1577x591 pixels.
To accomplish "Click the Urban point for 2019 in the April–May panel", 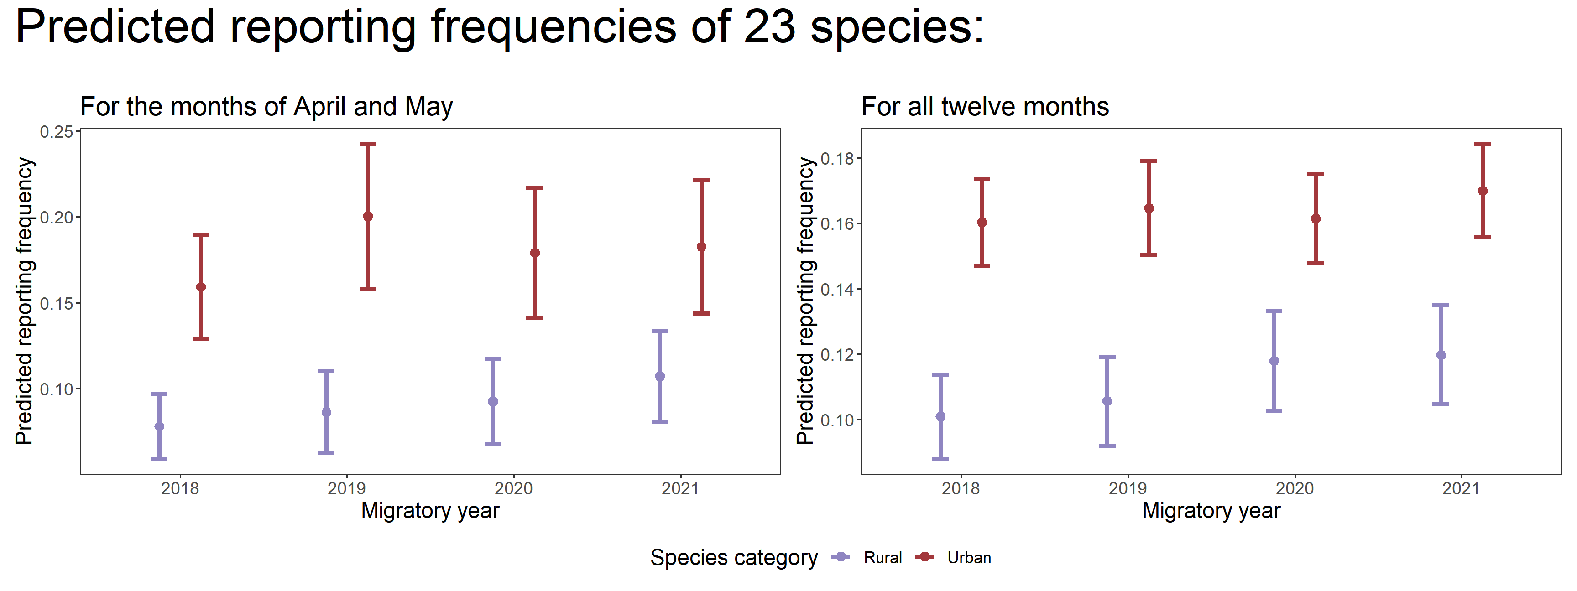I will tap(367, 217).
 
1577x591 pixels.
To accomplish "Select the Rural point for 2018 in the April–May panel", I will tap(159, 426).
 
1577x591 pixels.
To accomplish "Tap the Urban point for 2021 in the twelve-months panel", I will tap(1482, 191).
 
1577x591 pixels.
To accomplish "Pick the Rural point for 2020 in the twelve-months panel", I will tap(1274, 361).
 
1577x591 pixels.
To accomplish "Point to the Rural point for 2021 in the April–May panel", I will tap(659, 376).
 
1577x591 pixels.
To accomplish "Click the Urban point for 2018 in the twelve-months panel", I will tap(982, 222).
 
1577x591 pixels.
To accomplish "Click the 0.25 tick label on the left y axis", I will tap(56, 132).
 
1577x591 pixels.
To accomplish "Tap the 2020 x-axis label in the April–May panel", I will tap(513, 488).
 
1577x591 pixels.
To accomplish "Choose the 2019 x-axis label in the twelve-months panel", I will tap(1128, 488).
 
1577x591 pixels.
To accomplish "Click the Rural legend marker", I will tap(842, 557).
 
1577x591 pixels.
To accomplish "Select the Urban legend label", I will tap(969, 557).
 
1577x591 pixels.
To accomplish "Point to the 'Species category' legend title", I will tap(733, 557).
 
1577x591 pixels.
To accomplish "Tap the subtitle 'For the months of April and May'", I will tap(266, 107).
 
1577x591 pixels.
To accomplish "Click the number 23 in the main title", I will tap(769, 27).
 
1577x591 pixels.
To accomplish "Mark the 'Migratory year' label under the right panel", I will tap(1211, 510).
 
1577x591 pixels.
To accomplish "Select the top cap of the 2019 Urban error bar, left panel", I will tap(367, 144).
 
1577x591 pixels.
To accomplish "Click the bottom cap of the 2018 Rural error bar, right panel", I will tap(940, 458).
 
